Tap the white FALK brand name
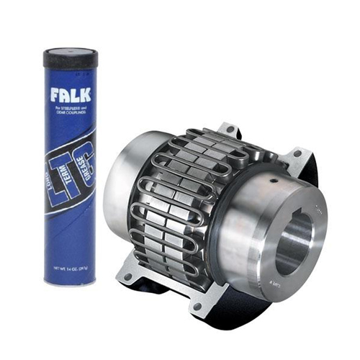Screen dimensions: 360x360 pos(70,96)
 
